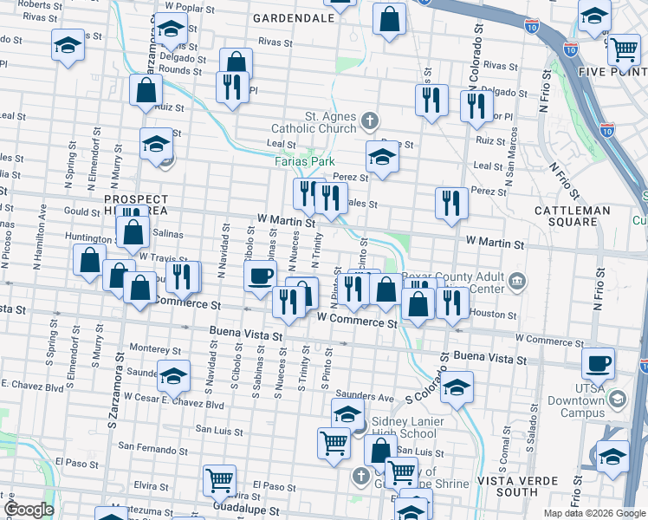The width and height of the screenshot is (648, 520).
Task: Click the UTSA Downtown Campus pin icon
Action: pos(617,400)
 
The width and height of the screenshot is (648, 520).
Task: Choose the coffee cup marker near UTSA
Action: pos(599,365)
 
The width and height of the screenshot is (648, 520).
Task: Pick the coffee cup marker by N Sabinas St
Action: pos(261,277)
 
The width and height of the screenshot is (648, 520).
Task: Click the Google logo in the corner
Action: pos(29,510)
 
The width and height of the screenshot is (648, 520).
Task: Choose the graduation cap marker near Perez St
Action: pos(380,157)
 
